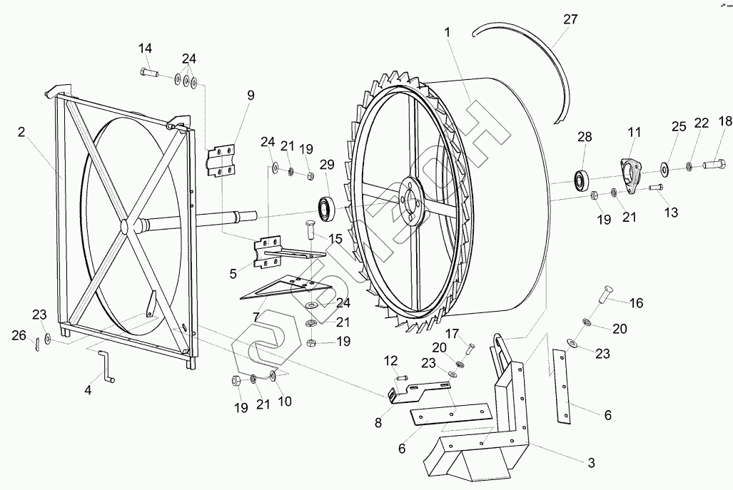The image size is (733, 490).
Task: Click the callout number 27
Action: point(570,20)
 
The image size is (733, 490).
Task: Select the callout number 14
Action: point(145,49)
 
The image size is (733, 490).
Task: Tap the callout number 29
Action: point(327,165)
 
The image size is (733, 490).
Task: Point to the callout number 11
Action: point(634,132)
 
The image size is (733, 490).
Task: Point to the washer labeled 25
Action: point(664,168)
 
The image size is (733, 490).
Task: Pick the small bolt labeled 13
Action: point(656,188)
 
